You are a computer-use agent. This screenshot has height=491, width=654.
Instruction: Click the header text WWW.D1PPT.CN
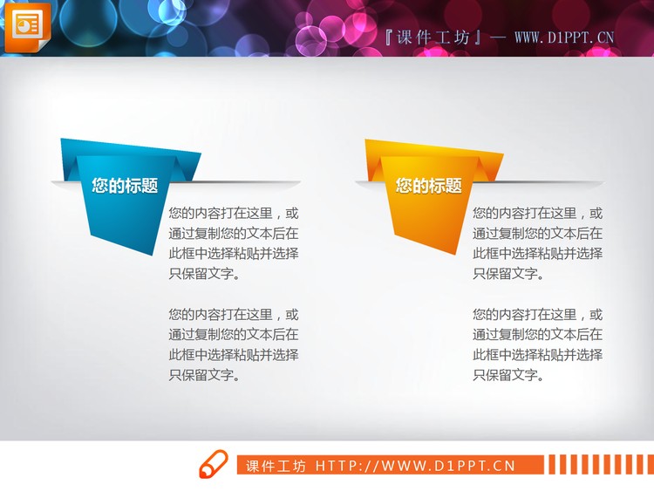pyautogui.click(x=564, y=38)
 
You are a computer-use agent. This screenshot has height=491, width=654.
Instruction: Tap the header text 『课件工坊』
pyautogui.click(x=433, y=38)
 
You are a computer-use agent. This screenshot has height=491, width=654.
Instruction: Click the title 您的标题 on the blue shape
pyautogui.click(x=125, y=186)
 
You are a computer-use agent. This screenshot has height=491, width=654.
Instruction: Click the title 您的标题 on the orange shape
pyautogui.click(x=428, y=186)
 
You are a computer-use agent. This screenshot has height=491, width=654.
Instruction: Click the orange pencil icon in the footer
pyautogui.click(x=214, y=465)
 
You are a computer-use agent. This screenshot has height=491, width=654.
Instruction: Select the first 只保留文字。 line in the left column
pyautogui.click(x=204, y=274)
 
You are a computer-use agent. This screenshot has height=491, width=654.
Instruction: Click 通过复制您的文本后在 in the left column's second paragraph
pyautogui.click(x=233, y=335)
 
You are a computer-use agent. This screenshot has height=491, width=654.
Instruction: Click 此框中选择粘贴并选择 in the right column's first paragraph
pyautogui.click(x=537, y=254)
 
